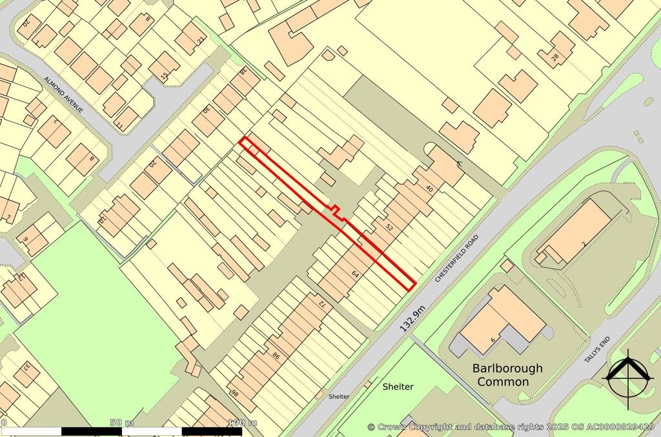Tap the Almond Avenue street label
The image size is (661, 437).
(64, 94)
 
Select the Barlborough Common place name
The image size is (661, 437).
(507, 375)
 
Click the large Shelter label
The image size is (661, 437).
(398, 387)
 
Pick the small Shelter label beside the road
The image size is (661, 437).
(339, 396)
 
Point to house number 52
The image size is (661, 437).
(389, 227)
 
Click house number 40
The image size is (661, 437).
(429, 188)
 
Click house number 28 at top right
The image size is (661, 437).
(554, 57)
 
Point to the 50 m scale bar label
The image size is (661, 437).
(121, 423)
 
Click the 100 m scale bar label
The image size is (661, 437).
(243, 423)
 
